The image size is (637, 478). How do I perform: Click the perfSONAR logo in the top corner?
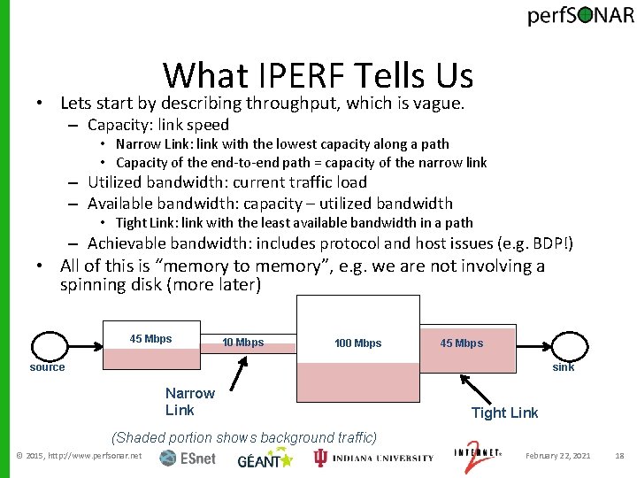(580, 17)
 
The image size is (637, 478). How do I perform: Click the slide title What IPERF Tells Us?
(318, 76)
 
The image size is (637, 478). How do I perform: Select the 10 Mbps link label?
(243, 343)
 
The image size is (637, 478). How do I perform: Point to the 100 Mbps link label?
(357, 343)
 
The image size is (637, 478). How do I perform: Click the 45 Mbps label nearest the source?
(150, 339)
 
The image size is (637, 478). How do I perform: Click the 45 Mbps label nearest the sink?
(462, 343)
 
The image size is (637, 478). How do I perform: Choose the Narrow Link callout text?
(189, 401)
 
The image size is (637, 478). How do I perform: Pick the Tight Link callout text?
(504, 412)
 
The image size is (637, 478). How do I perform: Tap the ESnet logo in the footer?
(188, 458)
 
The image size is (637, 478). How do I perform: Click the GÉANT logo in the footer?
(265, 458)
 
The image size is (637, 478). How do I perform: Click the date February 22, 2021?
(557, 456)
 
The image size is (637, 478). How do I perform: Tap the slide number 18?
(619, 456)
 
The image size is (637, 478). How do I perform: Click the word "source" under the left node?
(47, 367)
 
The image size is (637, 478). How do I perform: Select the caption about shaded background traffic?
(243, 437)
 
